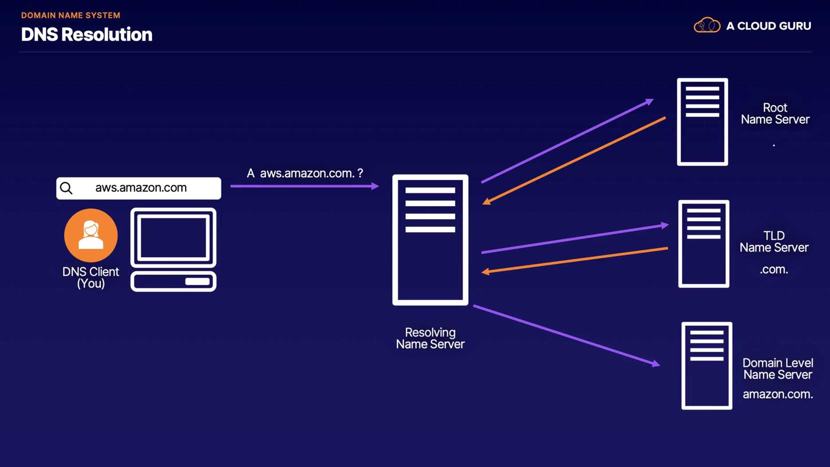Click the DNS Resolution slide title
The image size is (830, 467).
pos(87,35)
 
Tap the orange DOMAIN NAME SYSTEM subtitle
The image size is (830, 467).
pos(71,15)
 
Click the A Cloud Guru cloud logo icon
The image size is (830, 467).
pos(707,25)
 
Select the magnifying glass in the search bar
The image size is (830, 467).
pos(66,188)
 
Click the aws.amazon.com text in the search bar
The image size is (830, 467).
pos(141,188)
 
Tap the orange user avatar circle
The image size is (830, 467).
pos(91,235)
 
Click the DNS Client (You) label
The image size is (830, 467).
pos(91,277)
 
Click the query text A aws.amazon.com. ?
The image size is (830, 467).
pos(305,173)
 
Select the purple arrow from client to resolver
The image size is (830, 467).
pos(305,186)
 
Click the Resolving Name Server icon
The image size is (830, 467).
pos(430,240)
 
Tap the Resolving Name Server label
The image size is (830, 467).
pos(430,338)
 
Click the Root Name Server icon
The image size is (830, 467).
pos(702,122)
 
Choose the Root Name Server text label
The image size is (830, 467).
pos(775,114)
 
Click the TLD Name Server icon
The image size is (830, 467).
pos(704,244)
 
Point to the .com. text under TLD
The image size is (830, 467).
pos(774,269)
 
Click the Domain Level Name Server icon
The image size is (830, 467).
pos(707,366)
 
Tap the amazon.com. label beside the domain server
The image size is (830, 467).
pos(778,394)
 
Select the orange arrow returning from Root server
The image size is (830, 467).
pos(574,161)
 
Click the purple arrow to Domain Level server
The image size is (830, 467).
pos(567,336)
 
